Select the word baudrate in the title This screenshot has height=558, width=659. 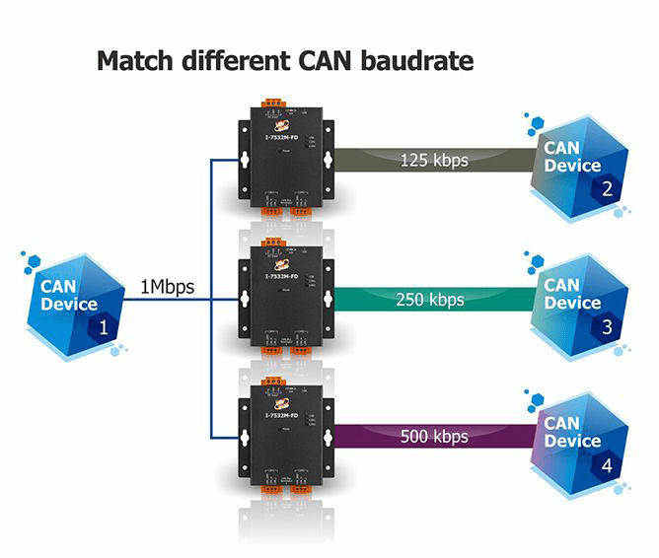click(x=417, y=61)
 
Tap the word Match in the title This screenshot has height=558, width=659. click(x=135, y=61)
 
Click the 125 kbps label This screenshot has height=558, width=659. click(x=434, y=158)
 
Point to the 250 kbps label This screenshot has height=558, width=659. click(x=430, y=300)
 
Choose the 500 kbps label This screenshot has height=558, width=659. click(x=434, y=436)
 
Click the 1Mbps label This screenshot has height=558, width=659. click(x=166, y=289)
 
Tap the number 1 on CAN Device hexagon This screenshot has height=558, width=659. click(x=104, y=327)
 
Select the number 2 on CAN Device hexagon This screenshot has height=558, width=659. click(x=608, y=189)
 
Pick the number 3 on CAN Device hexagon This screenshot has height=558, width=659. click(x=608, y=326)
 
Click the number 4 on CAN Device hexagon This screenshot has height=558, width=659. click(x=608, y=464)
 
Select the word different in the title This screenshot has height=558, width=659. click(x=226, y=61)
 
